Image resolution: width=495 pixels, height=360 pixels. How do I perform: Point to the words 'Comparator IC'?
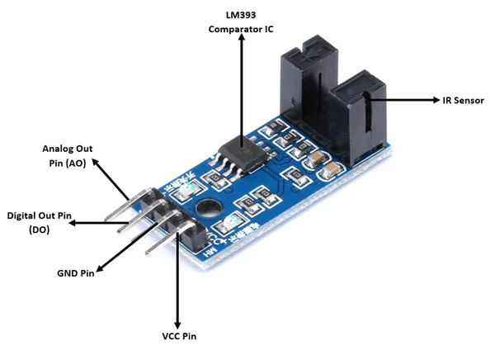point(241,30)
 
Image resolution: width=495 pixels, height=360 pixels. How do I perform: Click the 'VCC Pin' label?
point(177,336)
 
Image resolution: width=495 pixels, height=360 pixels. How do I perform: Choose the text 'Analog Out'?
point(68,149)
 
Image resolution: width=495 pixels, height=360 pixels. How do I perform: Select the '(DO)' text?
point(39,230)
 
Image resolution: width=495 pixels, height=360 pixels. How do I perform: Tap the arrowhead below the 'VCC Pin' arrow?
point(177,321)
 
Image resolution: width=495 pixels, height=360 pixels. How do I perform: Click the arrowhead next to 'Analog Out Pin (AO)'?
point(96,163)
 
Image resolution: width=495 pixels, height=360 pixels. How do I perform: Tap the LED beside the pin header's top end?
point(186,187)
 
